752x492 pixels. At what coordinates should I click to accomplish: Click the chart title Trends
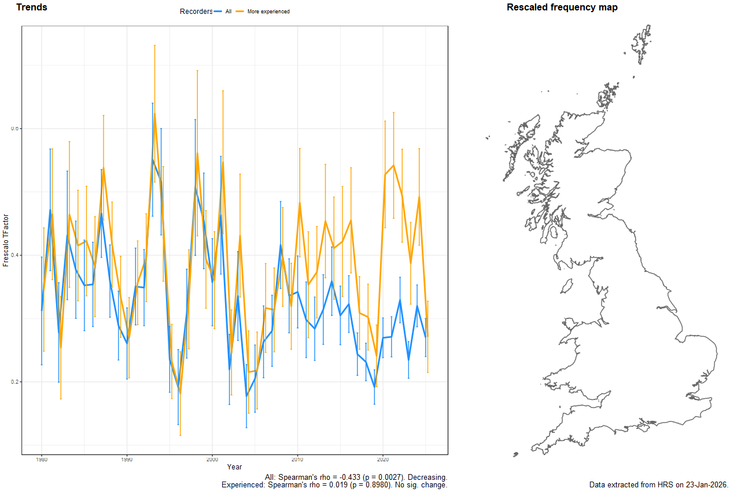[x=32, y=8]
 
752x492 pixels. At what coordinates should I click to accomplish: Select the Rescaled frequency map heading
[x=562, y=8]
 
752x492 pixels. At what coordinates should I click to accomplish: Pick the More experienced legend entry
[x=267, y=12]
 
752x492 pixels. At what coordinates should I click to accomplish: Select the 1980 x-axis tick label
[x=42, y=459]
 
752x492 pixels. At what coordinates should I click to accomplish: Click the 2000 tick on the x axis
[x=212, y=459]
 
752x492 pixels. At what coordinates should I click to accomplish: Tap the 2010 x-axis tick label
[x=297, y=459]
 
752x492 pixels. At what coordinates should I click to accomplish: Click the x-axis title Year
[x=235, y=467]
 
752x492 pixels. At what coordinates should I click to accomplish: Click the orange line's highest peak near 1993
[x=154, y=114]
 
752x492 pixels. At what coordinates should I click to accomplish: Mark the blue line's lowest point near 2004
[x=246, y=396]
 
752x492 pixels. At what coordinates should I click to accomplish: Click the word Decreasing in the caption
[x=427, y=477]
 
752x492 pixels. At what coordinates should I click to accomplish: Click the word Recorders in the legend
[x=196, y=12]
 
